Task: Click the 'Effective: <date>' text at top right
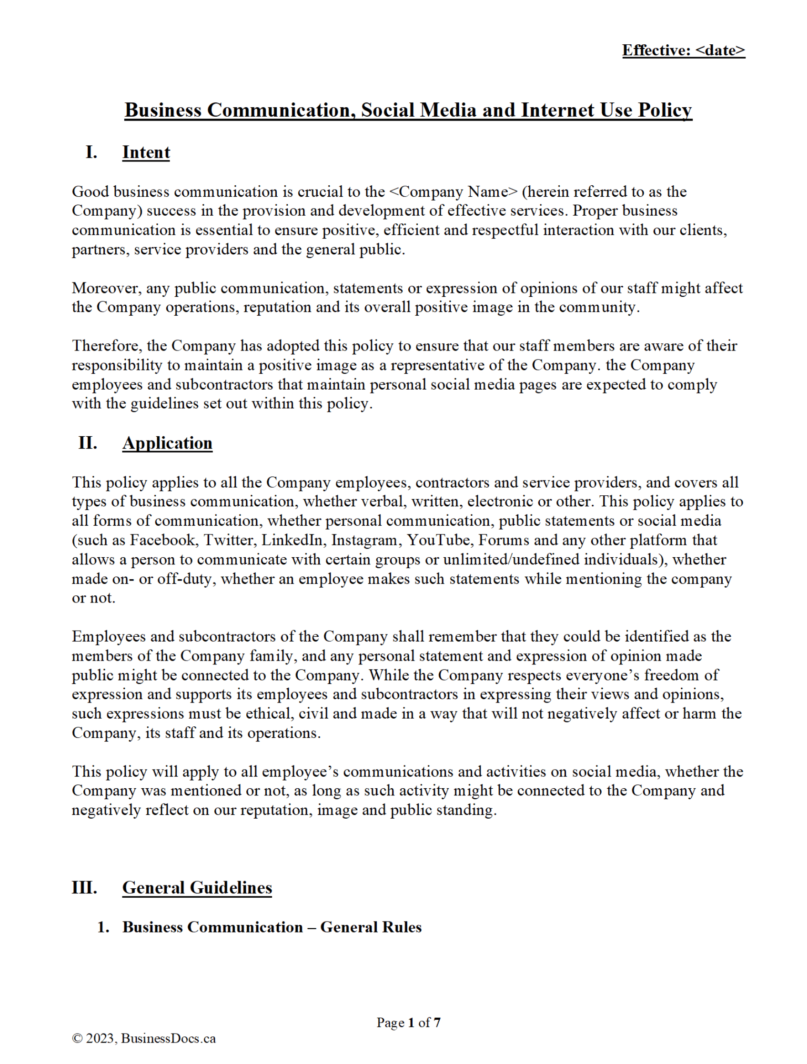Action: coord(683,50)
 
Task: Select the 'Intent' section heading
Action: coord(146,152)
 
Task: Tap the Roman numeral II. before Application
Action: coord(88,442)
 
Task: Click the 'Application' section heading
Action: coord(167,443)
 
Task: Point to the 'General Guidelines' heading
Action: coord(197,887)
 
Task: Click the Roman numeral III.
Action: coord(84,887)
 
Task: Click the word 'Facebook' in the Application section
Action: coord(162,540)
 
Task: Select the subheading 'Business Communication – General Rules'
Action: coord(272,927)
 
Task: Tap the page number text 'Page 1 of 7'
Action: coord(408,1023)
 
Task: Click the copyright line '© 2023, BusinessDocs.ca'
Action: coord(143,1038)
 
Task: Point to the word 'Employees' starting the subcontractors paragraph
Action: coord(109,637)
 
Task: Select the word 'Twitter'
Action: coord(229,540)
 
